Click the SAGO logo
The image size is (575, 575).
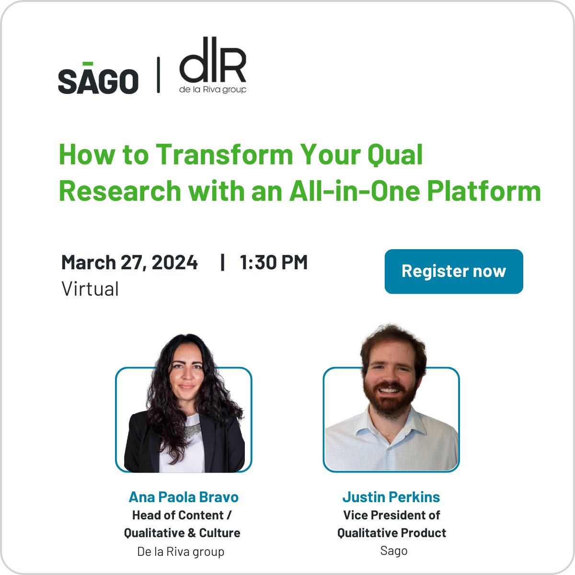(x=98, y=80)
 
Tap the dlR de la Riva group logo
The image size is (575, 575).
(x=213, y=66)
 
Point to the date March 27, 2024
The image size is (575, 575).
(x=129, y=263)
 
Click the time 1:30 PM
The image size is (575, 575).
(x=274, y=263)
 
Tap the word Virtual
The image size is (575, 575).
(x=90, y=289)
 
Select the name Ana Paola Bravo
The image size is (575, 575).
(x=184, y=497)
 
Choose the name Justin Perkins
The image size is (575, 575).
(x=391, y=497)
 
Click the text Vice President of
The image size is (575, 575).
(x=391, y=515)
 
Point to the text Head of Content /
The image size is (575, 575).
(x=182, y=515)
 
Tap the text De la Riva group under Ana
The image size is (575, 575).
(x=181, y=552)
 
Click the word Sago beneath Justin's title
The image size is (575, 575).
(x=394, y=551)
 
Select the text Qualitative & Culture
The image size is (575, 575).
(x=182, y=533)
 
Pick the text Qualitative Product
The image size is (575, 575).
(x=391, y=533)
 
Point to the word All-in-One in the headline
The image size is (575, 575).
(x=354, y=191)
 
